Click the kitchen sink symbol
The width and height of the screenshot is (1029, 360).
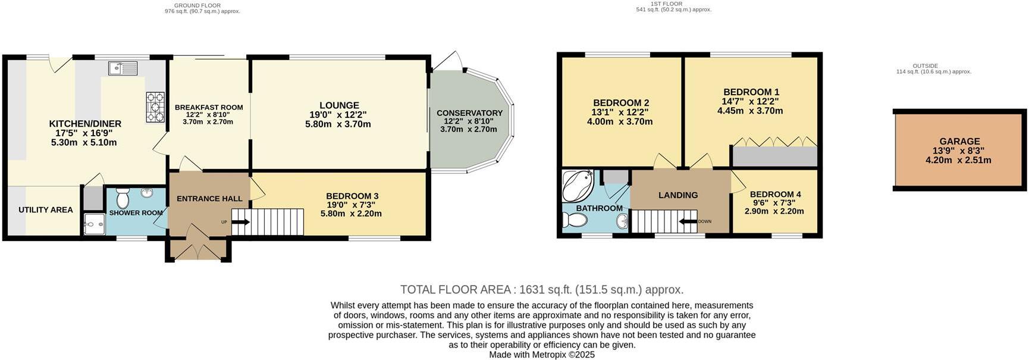pos(123,68)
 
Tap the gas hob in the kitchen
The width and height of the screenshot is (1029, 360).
pos(155,107)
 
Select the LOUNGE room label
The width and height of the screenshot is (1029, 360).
pos(339,105)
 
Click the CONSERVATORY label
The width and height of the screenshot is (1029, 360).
pos(469,113)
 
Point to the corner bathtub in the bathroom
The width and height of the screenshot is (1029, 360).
pos(578,186)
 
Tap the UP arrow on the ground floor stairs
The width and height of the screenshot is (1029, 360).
pos(241,223)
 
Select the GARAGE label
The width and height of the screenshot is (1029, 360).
pos(959,142)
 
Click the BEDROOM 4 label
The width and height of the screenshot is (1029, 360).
pos(775,194)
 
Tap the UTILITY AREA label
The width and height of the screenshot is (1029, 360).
pos(46,209)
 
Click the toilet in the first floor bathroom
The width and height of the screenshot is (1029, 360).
pos(574,221)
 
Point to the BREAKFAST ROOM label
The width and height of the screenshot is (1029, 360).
pos(209,108)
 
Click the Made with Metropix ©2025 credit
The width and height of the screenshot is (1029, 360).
pos(542,355)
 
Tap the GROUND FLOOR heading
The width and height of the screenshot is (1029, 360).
pos(202,5)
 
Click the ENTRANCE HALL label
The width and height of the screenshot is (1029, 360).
pos(209,198)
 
